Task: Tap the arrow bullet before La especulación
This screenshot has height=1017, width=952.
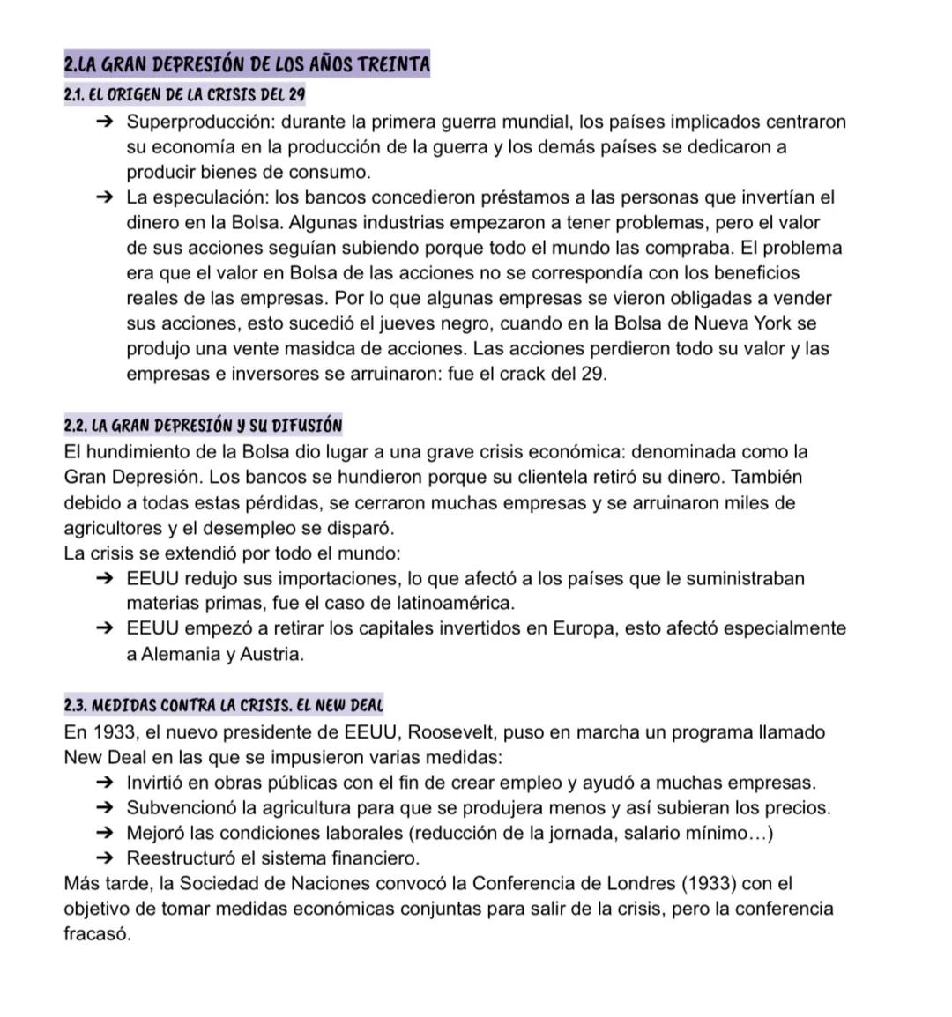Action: pos(105,197)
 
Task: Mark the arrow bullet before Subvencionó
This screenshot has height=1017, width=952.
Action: pos(105,808)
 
